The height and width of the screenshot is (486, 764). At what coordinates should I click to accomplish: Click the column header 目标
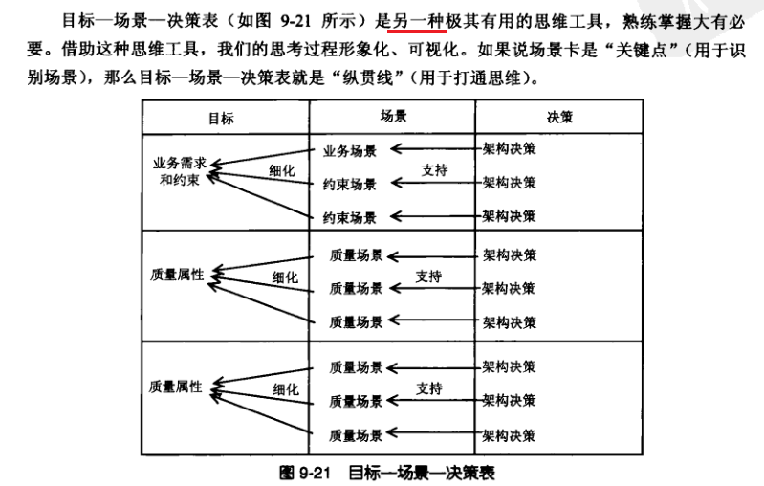coord(221,119)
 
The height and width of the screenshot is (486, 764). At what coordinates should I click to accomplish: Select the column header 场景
coord(393,116)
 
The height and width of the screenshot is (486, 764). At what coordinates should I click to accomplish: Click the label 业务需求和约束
coord(180,170)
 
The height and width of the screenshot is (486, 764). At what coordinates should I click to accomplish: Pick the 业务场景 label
coord(350,149)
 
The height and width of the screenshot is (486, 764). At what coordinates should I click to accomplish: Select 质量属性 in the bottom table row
coord(176,387)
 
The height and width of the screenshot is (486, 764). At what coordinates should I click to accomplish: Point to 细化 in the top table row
coord(282,170)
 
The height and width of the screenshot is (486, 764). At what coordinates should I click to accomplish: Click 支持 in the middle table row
coord(428,277)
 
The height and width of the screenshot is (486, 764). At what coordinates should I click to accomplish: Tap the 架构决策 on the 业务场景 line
coord(509,149)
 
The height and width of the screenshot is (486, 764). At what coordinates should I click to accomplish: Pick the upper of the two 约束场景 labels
coord(350,184)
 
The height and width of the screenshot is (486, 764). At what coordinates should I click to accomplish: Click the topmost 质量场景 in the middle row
coord(356,255)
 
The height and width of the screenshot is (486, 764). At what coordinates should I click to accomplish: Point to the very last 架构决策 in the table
coord(509,435)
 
